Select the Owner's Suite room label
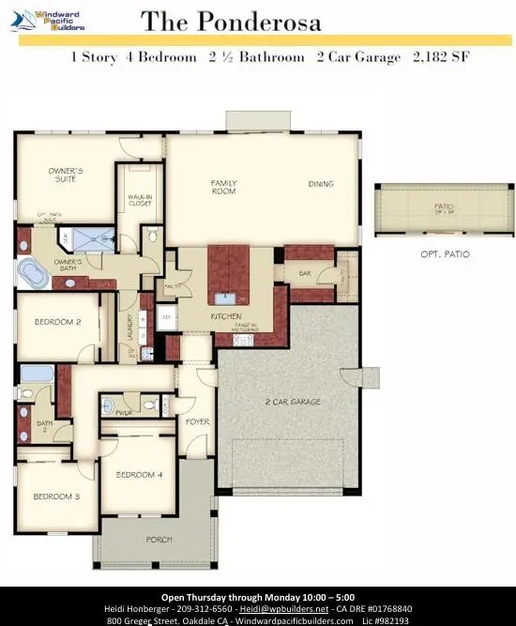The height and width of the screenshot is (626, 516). (x=67, y=175)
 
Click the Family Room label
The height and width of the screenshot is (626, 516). (x=224, y=188)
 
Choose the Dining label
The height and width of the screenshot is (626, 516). (x=321, y=184)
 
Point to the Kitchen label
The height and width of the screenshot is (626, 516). (x=227, y=317)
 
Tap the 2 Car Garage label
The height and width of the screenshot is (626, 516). (x=293, y=402)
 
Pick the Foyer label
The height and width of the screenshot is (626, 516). (x=197, y=421)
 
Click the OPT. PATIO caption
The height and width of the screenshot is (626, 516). (x=445, y=254)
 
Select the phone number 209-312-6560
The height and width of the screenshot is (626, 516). (x=215, y=608)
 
